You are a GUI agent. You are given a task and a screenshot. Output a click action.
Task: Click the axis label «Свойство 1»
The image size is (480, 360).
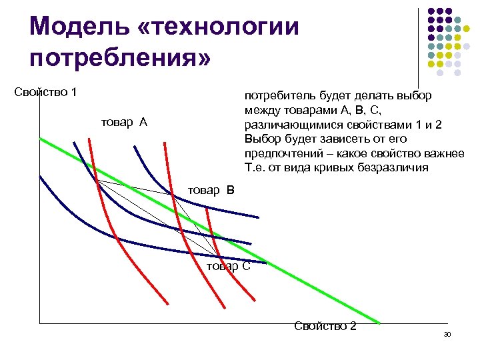point(45,91)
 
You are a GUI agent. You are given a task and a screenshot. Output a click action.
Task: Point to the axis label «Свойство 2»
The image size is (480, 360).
point(325,326)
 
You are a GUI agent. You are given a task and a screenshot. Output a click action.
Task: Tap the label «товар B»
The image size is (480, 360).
point(211,190)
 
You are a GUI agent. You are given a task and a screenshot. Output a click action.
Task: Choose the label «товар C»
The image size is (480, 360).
point(229,266)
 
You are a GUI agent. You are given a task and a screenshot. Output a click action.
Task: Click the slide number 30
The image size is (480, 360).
point(447,333)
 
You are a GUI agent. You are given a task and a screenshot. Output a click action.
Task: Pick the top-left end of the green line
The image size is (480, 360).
point(40,139)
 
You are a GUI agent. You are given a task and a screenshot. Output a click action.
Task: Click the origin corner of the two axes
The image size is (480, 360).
point(39,323)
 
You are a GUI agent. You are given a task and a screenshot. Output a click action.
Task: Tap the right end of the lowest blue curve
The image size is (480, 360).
point(266,263)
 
